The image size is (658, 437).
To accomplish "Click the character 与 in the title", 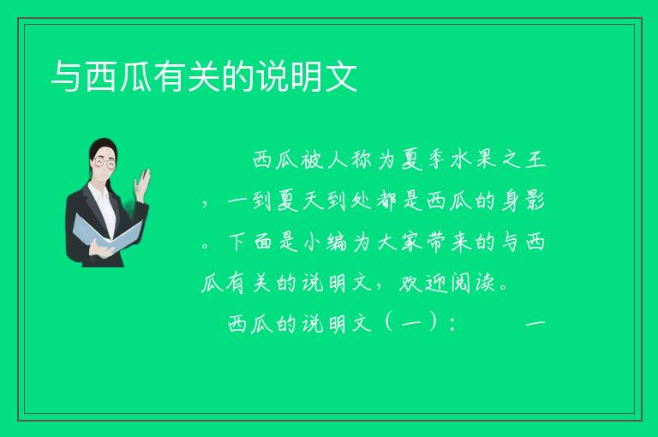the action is [67, 76].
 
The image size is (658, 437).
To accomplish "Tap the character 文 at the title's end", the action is [342, 76].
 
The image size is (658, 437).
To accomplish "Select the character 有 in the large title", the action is [170, 76].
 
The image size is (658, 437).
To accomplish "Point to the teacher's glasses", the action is [104, 162].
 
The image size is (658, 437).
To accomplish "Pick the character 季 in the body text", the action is [436, 159].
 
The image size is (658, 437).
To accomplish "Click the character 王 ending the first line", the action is [535, 159].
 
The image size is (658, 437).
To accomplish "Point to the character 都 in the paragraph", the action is [386, 201].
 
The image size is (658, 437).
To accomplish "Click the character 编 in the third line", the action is [337, 242].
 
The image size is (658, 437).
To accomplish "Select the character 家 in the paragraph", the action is [411, 242].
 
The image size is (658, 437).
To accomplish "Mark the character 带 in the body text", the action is [436, 242].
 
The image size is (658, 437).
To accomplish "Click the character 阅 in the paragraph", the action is [461, 283].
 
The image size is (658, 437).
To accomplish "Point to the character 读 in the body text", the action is [486, 283].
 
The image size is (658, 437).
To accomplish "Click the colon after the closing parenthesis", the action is [452, 324].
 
